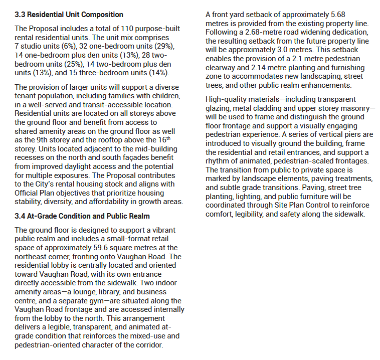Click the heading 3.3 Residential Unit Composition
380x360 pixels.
[x=69, y=15]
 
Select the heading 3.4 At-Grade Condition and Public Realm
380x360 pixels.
[x=82, y=216]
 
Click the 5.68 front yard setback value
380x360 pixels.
[x=348, y=15]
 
